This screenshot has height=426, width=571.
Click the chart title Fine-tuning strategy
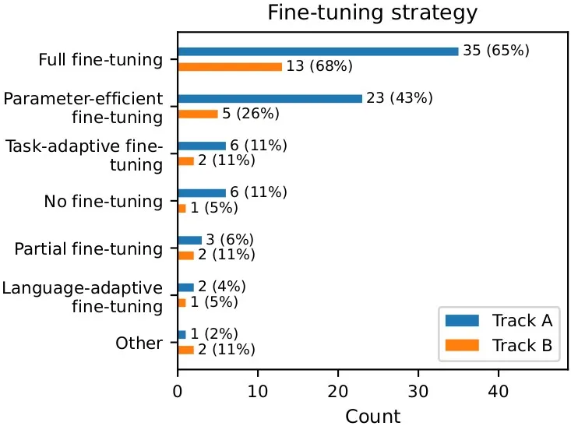point(372,13)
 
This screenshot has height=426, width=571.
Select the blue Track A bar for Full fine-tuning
point(318,51)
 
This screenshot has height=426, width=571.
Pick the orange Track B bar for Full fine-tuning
point(230,67)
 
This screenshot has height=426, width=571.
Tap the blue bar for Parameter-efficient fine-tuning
point(270,99)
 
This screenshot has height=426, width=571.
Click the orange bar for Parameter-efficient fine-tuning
point(198,114)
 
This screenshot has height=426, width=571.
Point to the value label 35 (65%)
point(496,51)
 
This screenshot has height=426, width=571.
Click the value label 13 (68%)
point(319,67)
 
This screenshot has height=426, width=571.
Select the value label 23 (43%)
point(400,99)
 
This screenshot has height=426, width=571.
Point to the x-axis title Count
point(372,415)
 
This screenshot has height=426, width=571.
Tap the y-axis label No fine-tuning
point(104,202)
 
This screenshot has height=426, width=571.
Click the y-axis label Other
point(139,343)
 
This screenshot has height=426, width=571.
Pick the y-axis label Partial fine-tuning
point(89,249)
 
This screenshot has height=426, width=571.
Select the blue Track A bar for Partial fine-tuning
point(189,240)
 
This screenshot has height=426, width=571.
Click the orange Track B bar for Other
point(185,350)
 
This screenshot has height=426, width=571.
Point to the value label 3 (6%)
point(230,240)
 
